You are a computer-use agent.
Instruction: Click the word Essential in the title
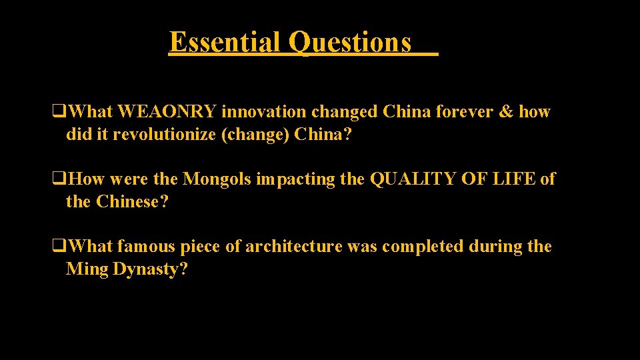[x=225, y=42]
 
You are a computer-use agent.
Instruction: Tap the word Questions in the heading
[x=350, y=42]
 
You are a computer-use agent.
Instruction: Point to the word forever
[x=461, y=112]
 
